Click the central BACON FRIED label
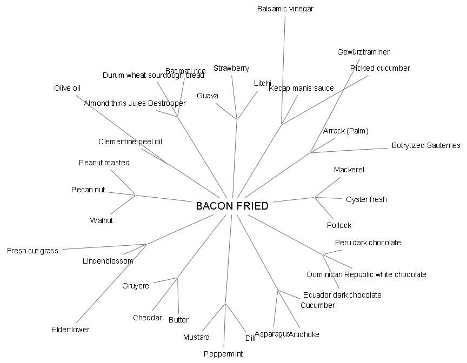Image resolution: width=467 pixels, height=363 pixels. [x=232, y=206]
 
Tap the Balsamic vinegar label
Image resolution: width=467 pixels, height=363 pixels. [x=285, y=9]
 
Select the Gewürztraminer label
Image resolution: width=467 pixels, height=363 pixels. [x=363, y=52]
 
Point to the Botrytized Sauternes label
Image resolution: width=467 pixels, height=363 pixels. [x=426, y=145]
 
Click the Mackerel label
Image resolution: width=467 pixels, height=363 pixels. [x=349, y=170]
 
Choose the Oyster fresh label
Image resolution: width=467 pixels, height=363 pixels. [x=366, y=199]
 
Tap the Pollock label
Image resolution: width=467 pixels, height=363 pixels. [x=339, y=225]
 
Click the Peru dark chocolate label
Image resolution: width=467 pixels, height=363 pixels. [x=368, y=243]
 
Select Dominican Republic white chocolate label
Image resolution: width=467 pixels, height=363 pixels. [x=366, y=274]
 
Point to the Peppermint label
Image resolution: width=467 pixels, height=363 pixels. [x=223, y=354]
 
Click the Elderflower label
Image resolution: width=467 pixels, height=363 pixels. [x=70, y=330]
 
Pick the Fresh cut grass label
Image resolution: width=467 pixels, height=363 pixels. [x=32, y=251]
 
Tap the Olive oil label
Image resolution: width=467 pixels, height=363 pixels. [x=67, y=88]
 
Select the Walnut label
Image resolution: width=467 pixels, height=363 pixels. [x=102, y=220]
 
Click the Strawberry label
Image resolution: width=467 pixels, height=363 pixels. [x=231, y=68]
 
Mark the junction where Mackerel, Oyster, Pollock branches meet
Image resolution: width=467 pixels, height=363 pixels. [x=315, y=197]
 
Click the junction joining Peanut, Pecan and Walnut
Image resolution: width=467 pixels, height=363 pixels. [x=135, y=195]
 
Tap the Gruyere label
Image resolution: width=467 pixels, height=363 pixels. [x=136, y=286]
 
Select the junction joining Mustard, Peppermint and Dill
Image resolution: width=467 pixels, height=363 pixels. [x=225, y=304]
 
